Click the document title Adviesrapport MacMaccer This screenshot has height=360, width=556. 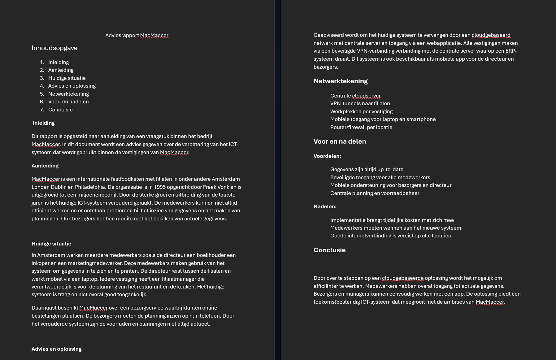click(x=137, y=36)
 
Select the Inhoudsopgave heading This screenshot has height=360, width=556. click(x=54, y=48)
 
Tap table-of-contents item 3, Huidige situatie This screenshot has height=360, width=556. click(x=67, y=78)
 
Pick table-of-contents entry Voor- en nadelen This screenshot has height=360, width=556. click(x=68, y=102)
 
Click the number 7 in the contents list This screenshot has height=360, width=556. click(x=42, y=110)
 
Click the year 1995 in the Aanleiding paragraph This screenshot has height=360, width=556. click(x=159, y=187)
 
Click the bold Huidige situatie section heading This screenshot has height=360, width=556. click(x=51, y=244)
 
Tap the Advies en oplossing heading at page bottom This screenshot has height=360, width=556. click(x=57, y=349)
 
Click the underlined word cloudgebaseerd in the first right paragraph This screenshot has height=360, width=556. click(x=491, y=35)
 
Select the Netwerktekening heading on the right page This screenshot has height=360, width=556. click(x=341, y=81)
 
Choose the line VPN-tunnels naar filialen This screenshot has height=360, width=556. click(x=360, y=104)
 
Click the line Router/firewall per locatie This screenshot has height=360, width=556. click(x=361, y=128)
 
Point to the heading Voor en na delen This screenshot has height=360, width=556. click(x=340, y=141)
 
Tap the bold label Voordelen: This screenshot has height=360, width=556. click(x=327, y=156)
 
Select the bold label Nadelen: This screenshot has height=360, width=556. click(x=325, y=207)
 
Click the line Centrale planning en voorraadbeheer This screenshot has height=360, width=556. click(x=375, y=193)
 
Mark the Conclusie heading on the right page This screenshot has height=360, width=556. click(x=329, y=250)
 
